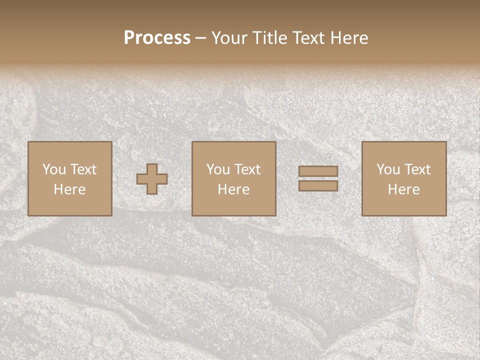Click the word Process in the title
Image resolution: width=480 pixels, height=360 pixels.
tap(157, 38)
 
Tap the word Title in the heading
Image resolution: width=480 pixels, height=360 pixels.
tap(270, 38)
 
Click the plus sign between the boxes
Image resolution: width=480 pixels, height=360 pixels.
tap(152, 179)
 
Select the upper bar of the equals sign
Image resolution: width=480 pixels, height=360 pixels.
tap(318, 171)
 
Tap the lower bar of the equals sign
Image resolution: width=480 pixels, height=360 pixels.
tap(318, 186)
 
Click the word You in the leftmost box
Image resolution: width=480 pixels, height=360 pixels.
tap(54, 169)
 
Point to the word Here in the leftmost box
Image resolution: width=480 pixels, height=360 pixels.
tap(69, 189)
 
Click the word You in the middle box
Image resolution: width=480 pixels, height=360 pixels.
tap(218, 169)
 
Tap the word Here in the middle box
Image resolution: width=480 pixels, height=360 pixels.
tap(233, 189)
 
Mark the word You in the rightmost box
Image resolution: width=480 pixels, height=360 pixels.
tap(388, 169)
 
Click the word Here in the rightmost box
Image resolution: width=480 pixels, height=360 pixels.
tap(403, 189)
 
